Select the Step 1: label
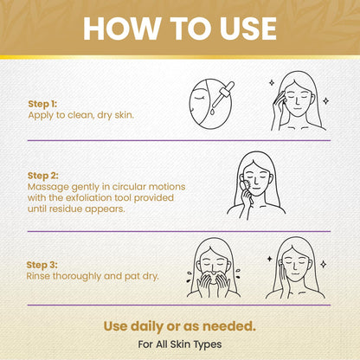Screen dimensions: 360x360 pyautogui.click(x=42, y=104)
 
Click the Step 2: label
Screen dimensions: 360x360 pyautogui.click(x=43, y=176)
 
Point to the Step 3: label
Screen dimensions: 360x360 pyautogui.click(x=42, y=265)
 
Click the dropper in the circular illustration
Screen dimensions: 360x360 pyautogui.click(x=223, y=94)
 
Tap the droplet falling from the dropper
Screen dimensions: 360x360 pyautogui.click(x=213, y=111)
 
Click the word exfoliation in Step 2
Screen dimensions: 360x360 pyautogui.click(x=99, y=198)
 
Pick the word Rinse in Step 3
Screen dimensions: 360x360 pyautogui.click(x=38, y=276)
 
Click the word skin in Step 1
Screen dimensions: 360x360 pyautogui.click(x=125, y=115)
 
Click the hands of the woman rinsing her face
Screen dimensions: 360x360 pyautogui.click(x=213, y=284)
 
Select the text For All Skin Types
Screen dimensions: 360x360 pyautogui.click(x=180, y=344)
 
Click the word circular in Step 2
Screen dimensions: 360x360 pyautogui.click(x=129, y=187)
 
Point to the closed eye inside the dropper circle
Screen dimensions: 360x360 pyautogui.click(x=199, y=99)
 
